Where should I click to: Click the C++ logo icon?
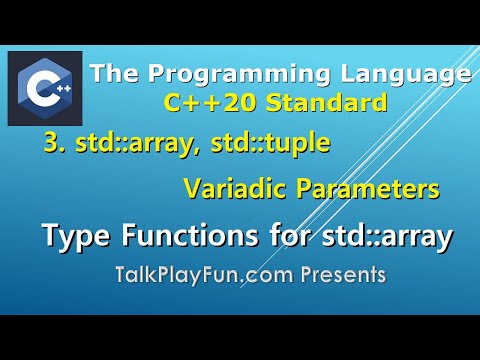45,89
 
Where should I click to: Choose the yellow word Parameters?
333,188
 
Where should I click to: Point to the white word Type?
74,237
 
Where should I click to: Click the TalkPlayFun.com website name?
200,273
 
